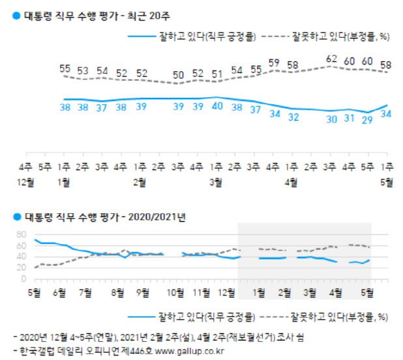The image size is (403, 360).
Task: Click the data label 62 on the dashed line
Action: pyautogui.click(x=331, y=59)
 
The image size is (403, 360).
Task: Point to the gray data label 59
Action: pyautogui.click(x=275, y=63)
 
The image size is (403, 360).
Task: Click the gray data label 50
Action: pyautogui.click(x=177, y=74)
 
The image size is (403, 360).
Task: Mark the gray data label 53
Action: pyautogui.click(x=83, y=70)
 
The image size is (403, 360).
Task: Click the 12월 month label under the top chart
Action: pyautogui.click(x=27, y=184)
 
